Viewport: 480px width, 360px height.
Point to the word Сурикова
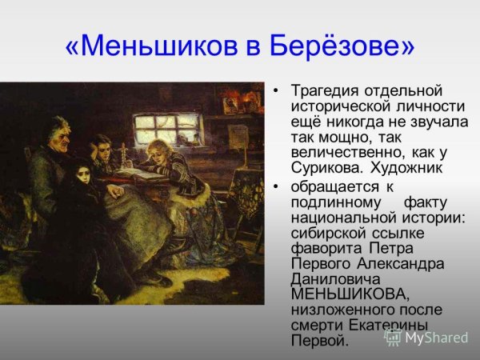click(324, 168)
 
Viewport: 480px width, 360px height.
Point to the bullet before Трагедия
click(277, 90)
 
